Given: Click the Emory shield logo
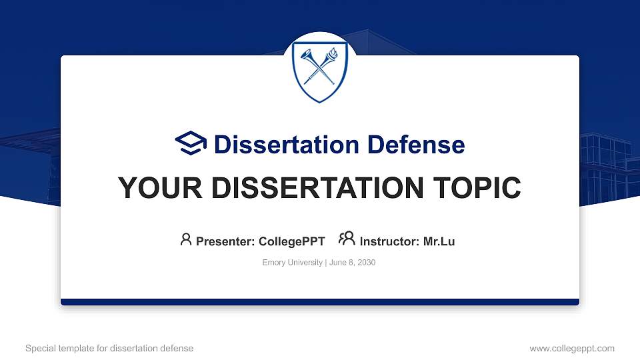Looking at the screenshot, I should point(319,70).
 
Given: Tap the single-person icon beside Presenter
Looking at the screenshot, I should point(186,239).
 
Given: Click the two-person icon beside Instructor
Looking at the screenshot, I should point(347,239).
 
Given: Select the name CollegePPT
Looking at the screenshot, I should point(291,241).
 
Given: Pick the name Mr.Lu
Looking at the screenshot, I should point(439,241).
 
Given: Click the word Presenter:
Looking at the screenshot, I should point(225,241).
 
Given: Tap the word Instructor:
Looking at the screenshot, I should point(390,241).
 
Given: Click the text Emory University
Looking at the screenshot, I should point(292,263).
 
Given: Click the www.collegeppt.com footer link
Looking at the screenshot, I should point(571,348).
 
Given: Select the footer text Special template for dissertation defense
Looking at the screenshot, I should point(109,348).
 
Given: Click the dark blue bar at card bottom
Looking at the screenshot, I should point(319,302).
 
